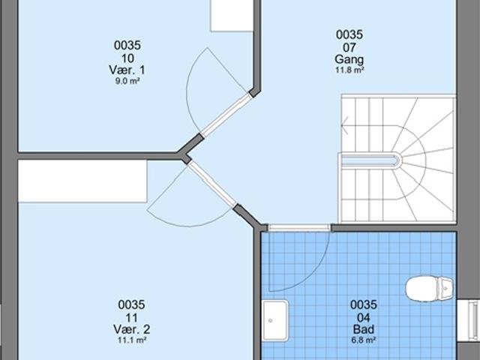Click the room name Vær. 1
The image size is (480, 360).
click(127, 70)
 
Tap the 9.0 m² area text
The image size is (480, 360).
click(127, 82)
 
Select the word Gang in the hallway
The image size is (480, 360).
click(349, 59)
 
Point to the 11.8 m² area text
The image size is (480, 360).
click(349, 71)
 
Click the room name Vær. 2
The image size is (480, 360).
click(131, 329)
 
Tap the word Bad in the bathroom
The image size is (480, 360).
click(363, 329)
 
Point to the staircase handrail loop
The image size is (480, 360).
click(371, 159)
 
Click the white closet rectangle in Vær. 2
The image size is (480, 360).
click(82, 180)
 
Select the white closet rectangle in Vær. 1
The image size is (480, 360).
click(231, 15)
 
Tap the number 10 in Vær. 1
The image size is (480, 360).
click(127, 58)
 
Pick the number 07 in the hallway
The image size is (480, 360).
click(349, 46)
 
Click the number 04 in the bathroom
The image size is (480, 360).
click(363, 317)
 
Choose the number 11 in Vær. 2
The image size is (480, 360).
click(131, 317)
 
